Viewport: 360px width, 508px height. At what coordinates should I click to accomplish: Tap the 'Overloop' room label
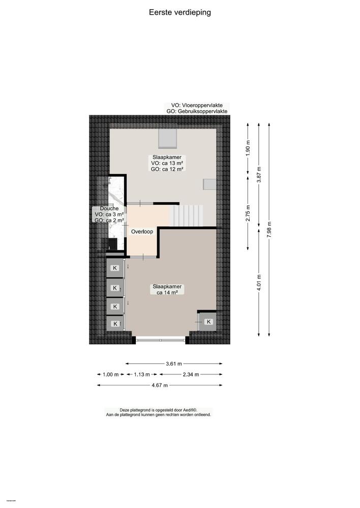tap(142, 232)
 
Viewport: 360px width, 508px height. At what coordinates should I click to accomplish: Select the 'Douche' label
tap(109, 209)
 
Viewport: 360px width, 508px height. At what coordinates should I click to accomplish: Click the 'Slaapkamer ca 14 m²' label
tap(167, 290)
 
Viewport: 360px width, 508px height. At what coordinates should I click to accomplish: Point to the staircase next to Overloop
tap(186, 215)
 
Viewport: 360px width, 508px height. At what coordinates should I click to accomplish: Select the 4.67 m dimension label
tap(159, 385)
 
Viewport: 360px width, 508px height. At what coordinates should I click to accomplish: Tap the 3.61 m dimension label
tap(174, 364)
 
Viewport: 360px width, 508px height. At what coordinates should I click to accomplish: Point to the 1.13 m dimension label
tap(141, 374)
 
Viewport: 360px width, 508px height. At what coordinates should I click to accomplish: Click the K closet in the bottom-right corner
tap(208, 322)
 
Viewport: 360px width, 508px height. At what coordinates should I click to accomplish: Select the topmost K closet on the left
tap(115, 268)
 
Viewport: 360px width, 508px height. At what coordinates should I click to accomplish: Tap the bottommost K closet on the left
tap(115, 324)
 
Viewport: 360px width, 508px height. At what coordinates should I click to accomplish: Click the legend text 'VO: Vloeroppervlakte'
tap(197, 105)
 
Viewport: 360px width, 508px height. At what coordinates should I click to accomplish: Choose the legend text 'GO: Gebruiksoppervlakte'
tap(197, 111)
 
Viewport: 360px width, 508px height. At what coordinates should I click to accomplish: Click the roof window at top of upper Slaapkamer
tap(167, 137)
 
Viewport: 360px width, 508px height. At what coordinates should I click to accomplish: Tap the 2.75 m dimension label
tap(248, 213)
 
